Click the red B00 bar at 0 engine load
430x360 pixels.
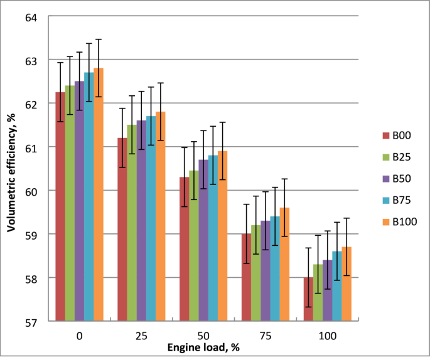(x=60, y=207)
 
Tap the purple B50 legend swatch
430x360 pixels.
(x=386, y=178)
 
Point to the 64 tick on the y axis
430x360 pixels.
(x=31, y=17)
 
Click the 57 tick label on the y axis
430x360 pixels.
(x=31, y=321)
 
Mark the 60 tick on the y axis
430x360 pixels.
(x=31, y=191)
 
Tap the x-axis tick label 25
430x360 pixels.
(x=141, y=336)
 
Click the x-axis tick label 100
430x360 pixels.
(x=327, y=336)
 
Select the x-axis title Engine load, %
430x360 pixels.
(x=203, y=347)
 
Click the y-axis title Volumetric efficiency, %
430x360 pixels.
(x=11, y=169)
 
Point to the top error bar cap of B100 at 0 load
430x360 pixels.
(x=99, y=39)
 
